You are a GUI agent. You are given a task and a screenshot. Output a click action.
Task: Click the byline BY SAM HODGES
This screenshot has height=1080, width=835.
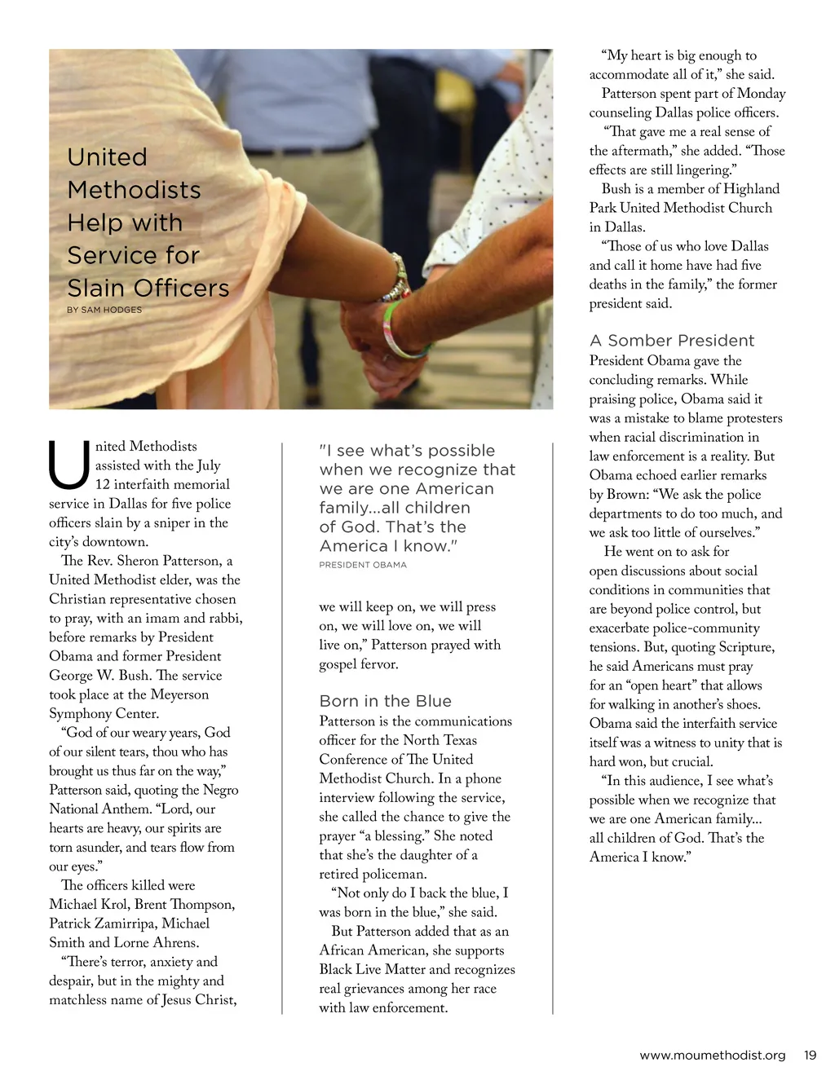coord(104,310)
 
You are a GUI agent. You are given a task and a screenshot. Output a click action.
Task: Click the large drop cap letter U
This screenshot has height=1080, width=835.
coord(69,465)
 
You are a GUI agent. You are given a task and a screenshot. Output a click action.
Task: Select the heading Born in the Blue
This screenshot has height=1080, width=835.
coord(385,701)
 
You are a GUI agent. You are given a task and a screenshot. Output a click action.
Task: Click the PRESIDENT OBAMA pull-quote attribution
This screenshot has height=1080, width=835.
coord(363,565)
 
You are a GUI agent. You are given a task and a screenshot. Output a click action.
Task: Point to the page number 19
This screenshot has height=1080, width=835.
coord(810,1055)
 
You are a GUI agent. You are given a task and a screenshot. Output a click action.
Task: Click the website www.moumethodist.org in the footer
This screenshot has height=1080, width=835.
coord(713,1055)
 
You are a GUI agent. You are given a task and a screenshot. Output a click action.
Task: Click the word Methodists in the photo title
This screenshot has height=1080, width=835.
coord(135,190)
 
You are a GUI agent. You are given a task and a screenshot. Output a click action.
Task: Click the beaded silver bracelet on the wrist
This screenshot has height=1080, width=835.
coord(397,277)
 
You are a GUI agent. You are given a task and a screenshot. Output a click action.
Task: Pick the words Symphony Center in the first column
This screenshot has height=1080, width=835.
coord(104,713)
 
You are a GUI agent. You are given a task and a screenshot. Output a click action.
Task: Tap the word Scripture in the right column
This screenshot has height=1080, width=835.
coord(745,647)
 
